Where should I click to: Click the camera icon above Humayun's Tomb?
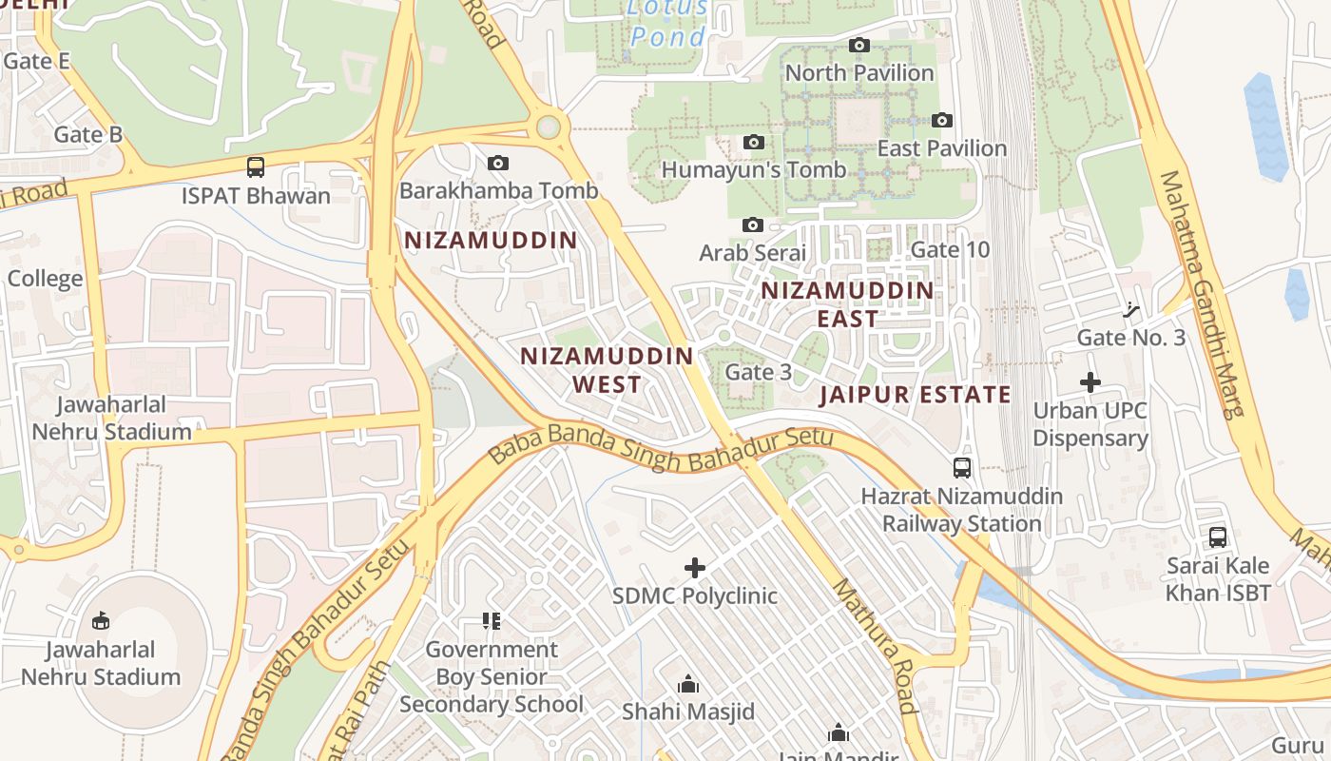[x=753, y=142]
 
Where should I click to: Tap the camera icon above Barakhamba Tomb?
[x=497, y=163]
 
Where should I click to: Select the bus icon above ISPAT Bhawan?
[x=255, y=167]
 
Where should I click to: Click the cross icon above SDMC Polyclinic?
[x=695, y=568]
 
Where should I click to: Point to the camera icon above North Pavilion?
[x=858, y=45]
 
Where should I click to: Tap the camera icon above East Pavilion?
[x=941, y=120]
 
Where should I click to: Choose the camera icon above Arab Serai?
[x=752, y=225]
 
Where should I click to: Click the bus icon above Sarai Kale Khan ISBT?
[x=1218, y=537]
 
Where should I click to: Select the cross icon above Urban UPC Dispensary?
[x=1090, y=382]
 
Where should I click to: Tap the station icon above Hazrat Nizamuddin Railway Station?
[x=962, y=467]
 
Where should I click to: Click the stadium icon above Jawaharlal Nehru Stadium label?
[x=100, y=621]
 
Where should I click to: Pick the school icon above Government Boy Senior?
[x=491, y=621]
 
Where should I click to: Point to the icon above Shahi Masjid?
[x=687, y=684]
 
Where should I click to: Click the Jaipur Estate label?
[x=915, y=395]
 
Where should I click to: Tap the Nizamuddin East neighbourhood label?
[x=847, y=303]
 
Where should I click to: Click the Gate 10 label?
[x=950, y=249]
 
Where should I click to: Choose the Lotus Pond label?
[x=667, y=23]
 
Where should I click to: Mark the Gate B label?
[x=87, y=134]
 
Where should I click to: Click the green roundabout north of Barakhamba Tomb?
[x=548, y=127]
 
